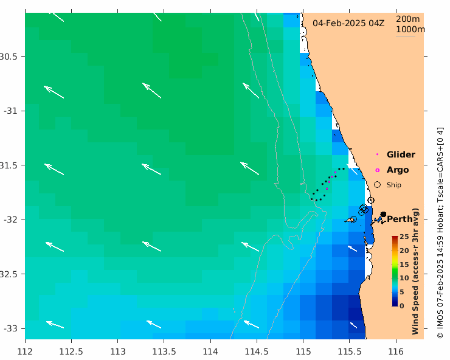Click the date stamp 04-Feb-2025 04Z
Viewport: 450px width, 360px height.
tap(348, 23)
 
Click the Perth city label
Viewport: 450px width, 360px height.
tap(400, 219)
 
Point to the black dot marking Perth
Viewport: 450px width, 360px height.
tap(383, 214)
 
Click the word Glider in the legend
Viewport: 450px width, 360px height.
tap(401, 154)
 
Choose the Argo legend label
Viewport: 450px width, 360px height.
tap(398, 170)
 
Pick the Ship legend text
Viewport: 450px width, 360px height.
tap(394, 185)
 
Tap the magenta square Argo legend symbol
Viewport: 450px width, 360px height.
tap(377, 170)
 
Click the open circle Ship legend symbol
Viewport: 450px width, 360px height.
tap(377, 184)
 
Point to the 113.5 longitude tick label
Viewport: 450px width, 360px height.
tap(210, 351)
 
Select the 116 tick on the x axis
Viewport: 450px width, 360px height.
tap(396, 351)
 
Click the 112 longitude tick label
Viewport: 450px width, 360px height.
tap(25, 351)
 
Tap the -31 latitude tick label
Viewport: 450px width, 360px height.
tap(10, 111)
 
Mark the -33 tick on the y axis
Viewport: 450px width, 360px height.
tap(10, 328)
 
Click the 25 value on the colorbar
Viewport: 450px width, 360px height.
tap(403, 237)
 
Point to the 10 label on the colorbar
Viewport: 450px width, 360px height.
tap(403, 278)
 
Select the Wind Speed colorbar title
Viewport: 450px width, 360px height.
tap(416, 271)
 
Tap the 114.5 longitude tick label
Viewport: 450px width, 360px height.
tap(303, 351)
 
